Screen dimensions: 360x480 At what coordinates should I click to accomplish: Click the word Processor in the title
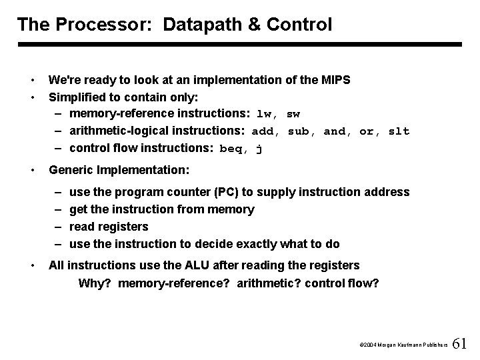[x=99, y=25]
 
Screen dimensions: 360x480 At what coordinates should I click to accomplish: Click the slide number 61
[x=460, y=344]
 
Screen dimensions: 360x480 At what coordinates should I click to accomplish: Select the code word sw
[x=293, y=114]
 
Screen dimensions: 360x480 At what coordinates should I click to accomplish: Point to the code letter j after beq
[x=259, y=149]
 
